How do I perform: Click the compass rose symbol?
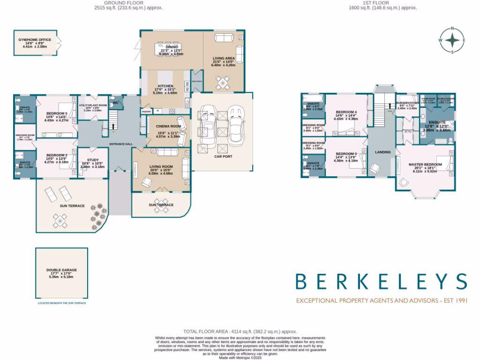(x=452, y=40)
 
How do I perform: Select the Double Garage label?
(x=61, y=270)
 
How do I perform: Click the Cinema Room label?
(x=169, y=127)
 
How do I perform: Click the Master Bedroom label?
(x=425, y=165)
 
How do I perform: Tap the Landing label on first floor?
(x=382, y=152)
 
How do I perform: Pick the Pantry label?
(x=146, y=112)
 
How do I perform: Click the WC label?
(x=115, y=103)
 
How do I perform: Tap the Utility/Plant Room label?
(x=93, y=105)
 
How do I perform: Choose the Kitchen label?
(x=165, y=86)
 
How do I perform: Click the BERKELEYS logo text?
(x=381, y=281)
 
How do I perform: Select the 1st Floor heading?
(x=383, y=3)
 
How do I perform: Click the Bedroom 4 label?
(x=346, y=112)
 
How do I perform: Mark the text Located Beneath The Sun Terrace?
(x=61, y=303)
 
